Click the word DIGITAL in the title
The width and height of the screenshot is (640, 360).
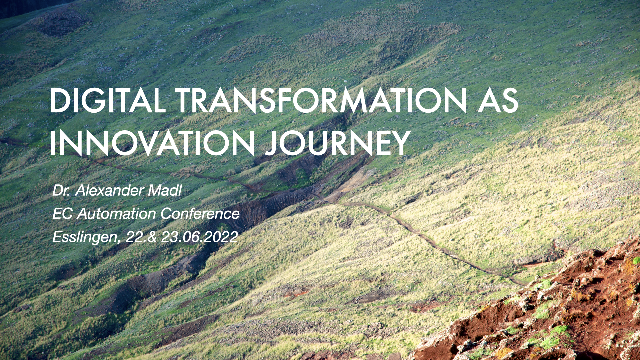pos(108,100)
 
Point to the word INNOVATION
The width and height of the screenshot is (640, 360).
pos(153,143)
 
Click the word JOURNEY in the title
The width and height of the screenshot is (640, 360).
pos(338,143)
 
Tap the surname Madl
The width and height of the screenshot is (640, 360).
pos(165,191)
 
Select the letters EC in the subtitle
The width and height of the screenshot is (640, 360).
pos(62,214)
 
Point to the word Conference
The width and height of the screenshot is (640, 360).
pos(200,214)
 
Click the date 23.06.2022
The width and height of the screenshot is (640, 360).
pos(199,237)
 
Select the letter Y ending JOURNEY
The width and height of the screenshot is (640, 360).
pos(400,143)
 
